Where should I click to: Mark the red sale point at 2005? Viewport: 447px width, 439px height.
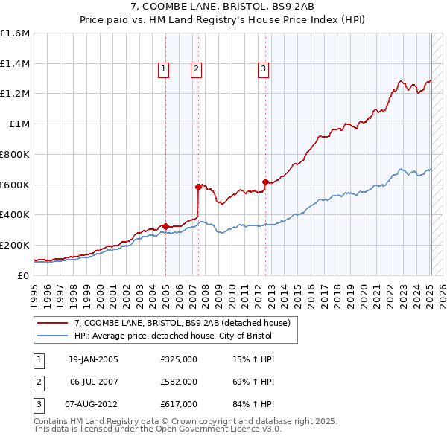click(166, 225)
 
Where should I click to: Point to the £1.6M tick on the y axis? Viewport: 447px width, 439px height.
click(14, 33)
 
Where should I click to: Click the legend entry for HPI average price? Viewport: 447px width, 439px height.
click(173, 336)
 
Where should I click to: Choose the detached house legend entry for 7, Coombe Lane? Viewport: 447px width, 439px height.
click(186, 323)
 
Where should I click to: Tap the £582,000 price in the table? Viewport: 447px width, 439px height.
click(179, 382)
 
